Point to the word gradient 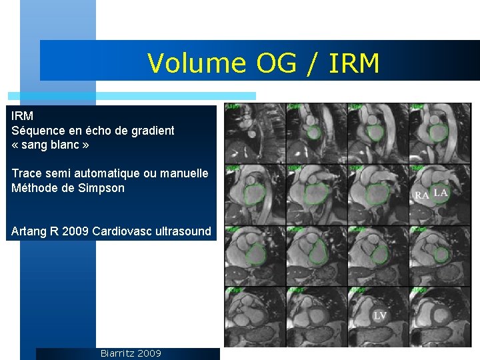pyautogui.click(x=151, y=131)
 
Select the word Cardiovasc pyautogui.click(x=121, y=232)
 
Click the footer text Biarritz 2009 pyautogui.click(x=131, y=353)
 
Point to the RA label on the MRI pyautogui.click(x=422, y=195)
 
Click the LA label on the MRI pyautogui.click(x=441, y=193)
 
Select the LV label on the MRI pyautogui.click(x=380, y=315)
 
